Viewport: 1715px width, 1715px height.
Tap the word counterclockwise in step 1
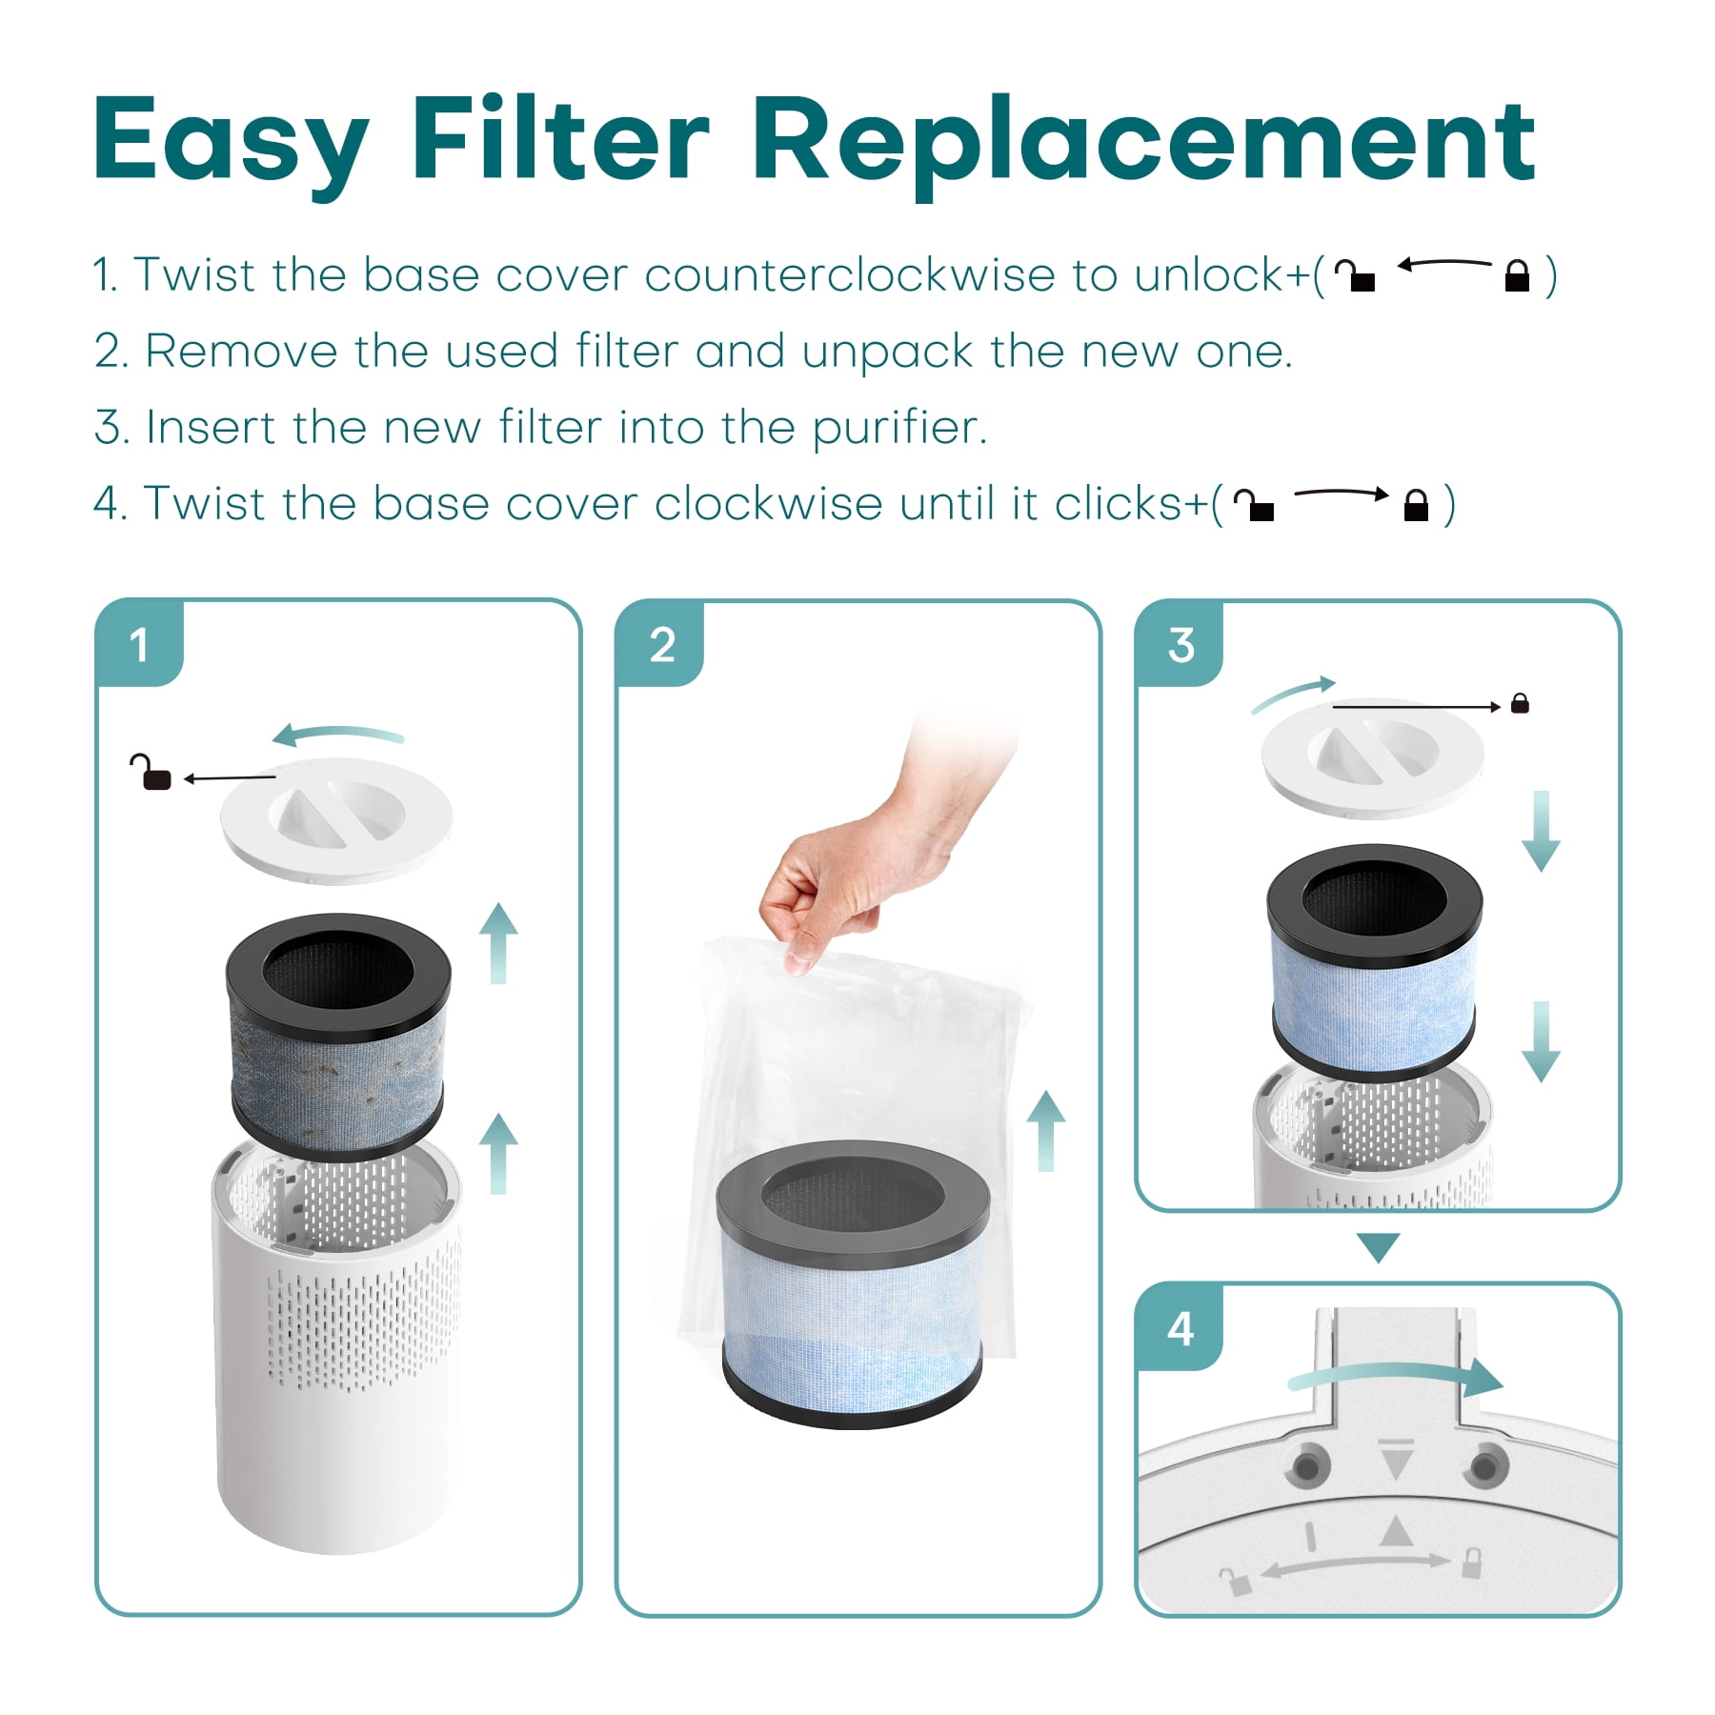[849, 275]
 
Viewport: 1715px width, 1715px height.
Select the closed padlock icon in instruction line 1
[1517, 276]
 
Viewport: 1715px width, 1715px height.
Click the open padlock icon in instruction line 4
[1254, 505]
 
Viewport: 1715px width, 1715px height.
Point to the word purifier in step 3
[898, 428]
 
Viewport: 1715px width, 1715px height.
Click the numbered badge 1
[139, 644]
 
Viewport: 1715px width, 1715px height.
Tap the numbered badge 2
[661, 644]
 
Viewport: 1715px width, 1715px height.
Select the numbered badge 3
[1180, 644]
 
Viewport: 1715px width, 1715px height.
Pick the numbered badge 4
[1180, 1327]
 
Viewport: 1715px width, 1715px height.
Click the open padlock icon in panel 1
[150, 772]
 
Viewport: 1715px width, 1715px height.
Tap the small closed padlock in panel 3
[1520, 703]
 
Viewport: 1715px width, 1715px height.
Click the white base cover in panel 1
[336, 818]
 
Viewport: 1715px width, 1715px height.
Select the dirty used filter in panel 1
[337, 1037]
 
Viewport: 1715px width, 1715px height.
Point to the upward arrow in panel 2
[1046, 1131]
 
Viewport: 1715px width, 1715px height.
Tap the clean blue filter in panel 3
[1374, 962]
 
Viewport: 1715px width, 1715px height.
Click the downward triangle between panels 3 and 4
[1378, 1247]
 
